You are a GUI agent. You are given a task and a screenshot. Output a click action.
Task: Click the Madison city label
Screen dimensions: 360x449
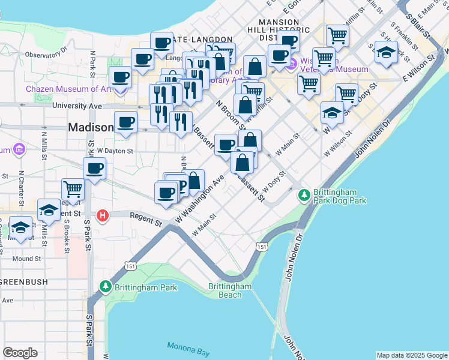click(91, 127)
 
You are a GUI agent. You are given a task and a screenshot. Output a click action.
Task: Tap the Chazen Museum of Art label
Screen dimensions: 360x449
click(68, 89)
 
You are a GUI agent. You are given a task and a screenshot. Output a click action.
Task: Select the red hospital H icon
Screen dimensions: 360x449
click(103, 215)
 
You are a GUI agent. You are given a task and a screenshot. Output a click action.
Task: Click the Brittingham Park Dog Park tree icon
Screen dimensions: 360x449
click(304, 194)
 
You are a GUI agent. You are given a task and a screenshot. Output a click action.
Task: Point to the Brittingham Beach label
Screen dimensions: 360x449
click(230, 290)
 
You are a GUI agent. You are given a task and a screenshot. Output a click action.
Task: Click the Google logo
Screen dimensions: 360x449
click(20, 353)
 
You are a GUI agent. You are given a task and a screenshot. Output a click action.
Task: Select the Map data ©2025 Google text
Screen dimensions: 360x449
click(412, 355)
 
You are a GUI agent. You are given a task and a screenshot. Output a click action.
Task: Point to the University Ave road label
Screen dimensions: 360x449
click(77, 106)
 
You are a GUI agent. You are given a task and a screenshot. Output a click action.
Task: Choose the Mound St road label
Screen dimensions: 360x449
click(26, 259)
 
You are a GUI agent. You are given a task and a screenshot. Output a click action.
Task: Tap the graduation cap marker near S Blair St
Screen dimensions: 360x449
click(386, 52)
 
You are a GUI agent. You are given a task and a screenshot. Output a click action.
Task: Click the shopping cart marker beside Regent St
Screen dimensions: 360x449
click(73, 189)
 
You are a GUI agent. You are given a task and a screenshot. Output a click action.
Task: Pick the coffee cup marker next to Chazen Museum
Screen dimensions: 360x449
click(121, 77)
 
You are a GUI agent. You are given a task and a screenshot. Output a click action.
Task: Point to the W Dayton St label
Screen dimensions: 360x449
click(114, 151)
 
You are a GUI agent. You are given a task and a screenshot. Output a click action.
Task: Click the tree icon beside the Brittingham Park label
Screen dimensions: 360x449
click(106, 287)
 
